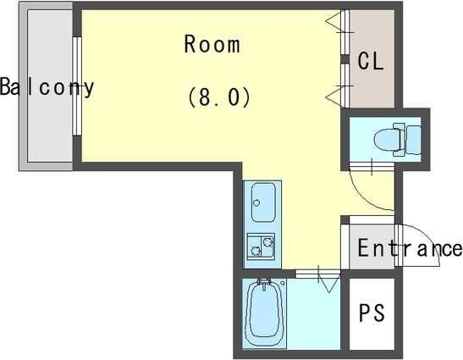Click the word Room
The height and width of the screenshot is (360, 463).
(x=212, y=44)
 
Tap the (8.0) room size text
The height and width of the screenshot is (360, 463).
(x=218, y=97)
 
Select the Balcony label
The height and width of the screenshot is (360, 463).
(x=47, y=86)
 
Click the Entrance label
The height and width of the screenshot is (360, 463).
(x=410, y=249)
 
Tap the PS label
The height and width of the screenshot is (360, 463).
(x=371, y=313)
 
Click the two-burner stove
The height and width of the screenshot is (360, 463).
(x=260, y=246)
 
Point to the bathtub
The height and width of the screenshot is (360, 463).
(x=265, y=313)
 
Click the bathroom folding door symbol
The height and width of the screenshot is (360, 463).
(x=326, y=277)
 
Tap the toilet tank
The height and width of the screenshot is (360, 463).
(x=413, y=136)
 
